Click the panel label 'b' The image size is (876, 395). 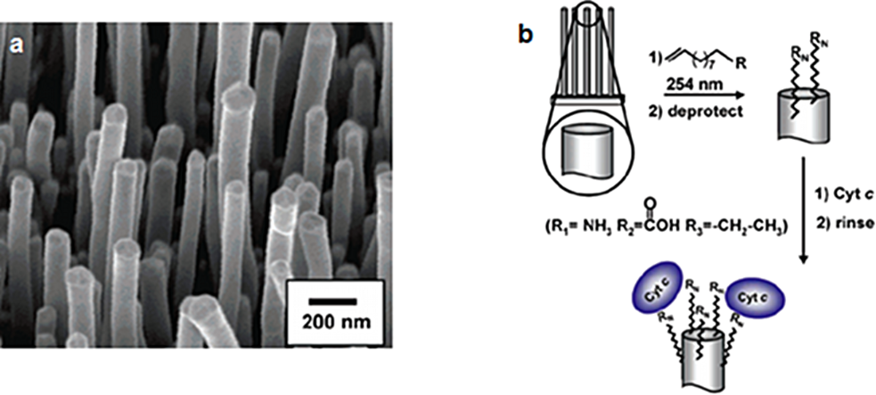point(528,35)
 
